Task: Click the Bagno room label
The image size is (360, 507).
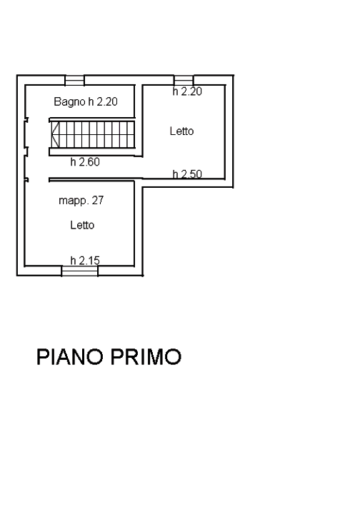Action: (69, 102)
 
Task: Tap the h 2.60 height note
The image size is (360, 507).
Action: (85, 162)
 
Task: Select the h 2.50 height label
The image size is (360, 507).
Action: (187, 174)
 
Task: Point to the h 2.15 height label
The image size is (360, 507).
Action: (85, 261)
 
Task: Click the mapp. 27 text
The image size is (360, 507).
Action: (81, 201)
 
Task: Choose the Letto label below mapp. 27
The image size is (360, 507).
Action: (82, 225)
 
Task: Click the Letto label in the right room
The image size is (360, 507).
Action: (181, 131)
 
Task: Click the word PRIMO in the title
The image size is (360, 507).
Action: (146, 357)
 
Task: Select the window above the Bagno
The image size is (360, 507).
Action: (75, 80)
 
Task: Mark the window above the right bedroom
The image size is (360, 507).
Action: (184, 80)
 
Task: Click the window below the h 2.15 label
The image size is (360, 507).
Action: (79, 271)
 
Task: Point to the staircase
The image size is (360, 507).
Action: (92, 134)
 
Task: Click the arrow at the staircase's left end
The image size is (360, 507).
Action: (55, 134)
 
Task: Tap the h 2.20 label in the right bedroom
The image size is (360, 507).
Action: (187, 91)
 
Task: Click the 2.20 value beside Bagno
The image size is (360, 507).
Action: (107, 102)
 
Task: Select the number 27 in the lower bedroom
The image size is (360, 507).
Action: (98, 201)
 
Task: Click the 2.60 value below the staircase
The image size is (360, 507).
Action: (89, 162)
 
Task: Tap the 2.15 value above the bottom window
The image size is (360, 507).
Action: (89, 261)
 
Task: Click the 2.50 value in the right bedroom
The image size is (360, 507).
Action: (192, 174)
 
